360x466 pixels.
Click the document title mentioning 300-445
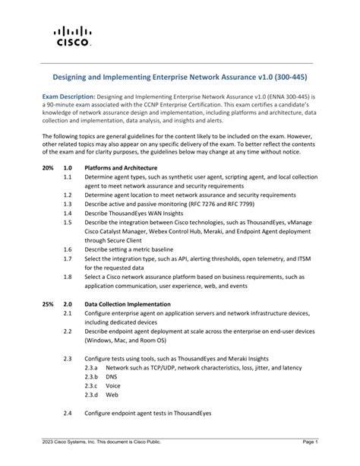point(179,78)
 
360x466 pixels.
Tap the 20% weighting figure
point(48,167)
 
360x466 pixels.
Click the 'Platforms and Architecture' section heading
point(121,167)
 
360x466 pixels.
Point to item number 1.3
point(68,204)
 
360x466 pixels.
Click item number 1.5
point(68,222)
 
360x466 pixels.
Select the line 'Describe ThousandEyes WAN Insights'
point(133,213)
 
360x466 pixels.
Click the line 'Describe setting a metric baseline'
point(131,249)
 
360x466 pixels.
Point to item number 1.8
point(68,277)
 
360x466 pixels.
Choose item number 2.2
point(68,331)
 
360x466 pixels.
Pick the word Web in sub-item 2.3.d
point(112,395)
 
